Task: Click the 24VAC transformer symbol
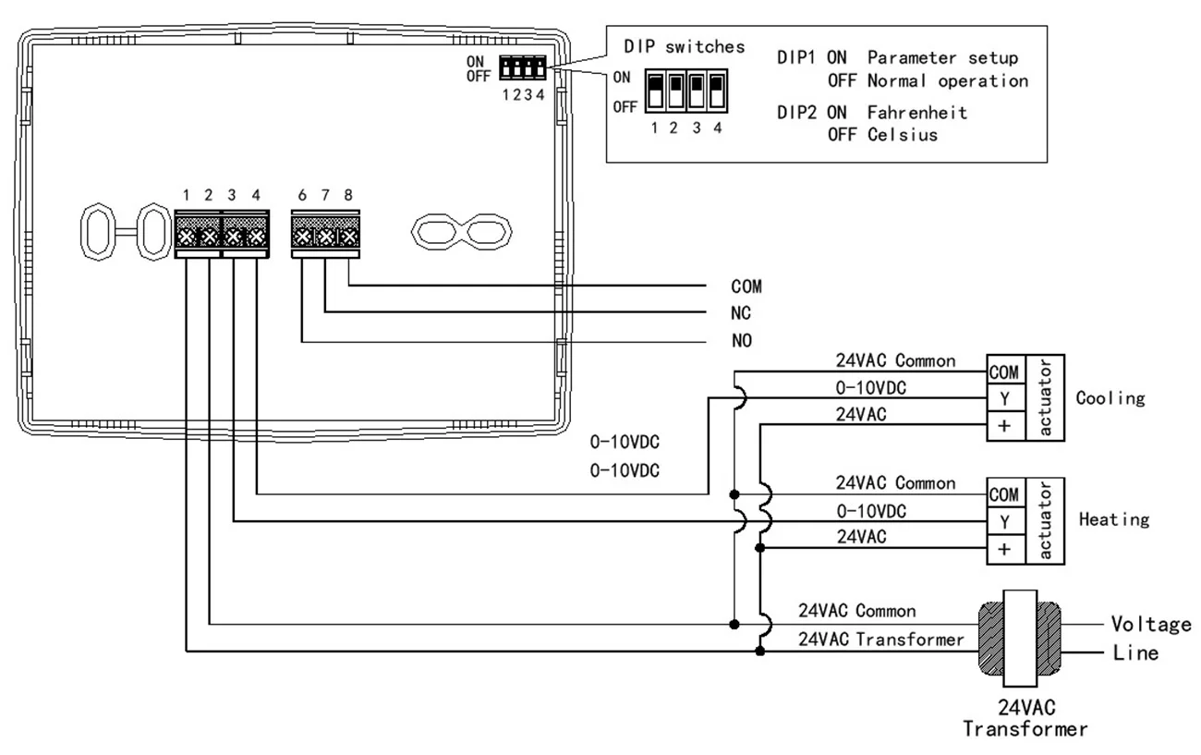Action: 1020,639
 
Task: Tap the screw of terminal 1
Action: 186,237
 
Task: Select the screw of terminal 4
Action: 256,237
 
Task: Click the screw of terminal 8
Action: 349,237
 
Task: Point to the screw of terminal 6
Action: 302,237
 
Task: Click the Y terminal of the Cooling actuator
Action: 1006,398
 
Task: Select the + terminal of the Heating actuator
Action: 1006,549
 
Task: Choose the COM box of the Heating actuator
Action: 1006,493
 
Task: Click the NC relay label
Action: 740,313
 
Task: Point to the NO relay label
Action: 742,340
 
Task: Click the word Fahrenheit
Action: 917,113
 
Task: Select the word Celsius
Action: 903,135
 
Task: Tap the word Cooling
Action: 1110,398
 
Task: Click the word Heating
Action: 1114,519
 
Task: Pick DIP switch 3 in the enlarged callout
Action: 697,91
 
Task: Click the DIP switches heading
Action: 685,46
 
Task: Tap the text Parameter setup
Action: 942,57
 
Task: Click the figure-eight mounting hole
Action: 462,232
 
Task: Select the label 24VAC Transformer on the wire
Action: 881,639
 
